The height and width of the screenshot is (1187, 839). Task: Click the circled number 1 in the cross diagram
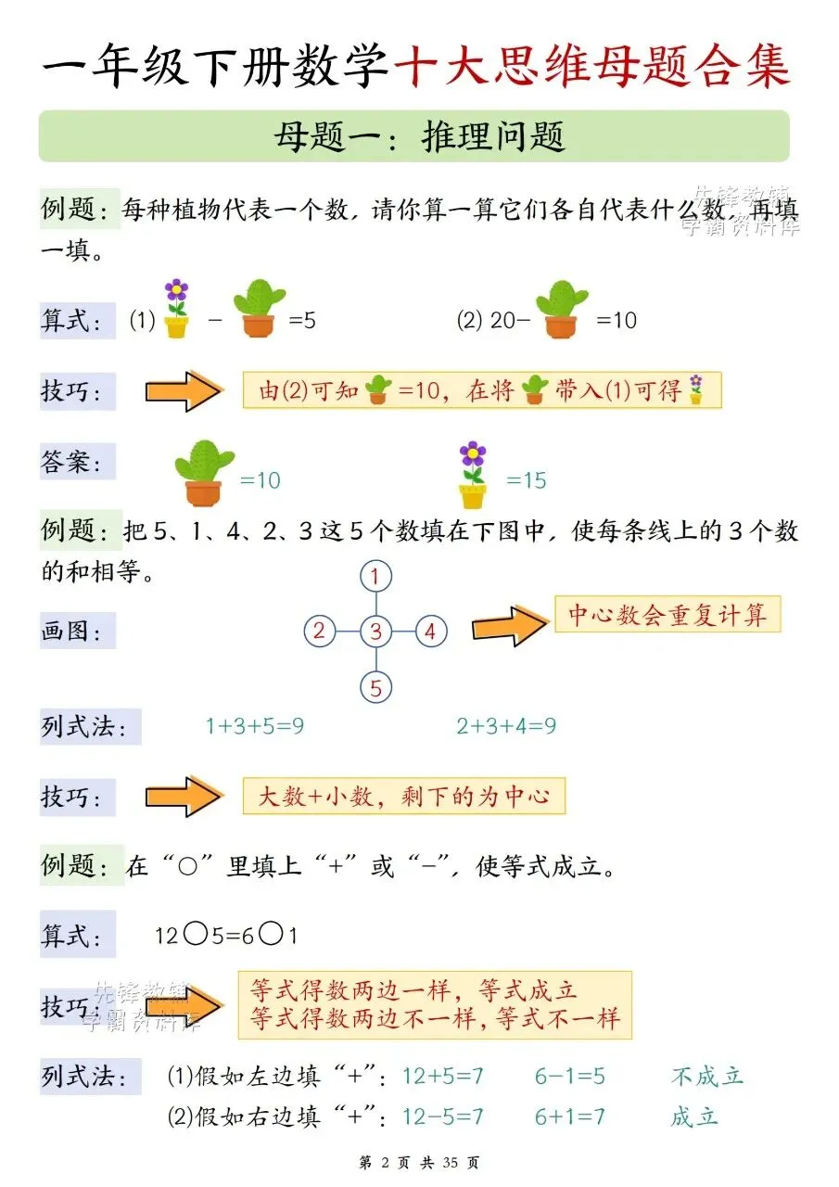375,578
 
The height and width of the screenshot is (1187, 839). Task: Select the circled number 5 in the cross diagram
375,688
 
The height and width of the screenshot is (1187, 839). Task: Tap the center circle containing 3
375,632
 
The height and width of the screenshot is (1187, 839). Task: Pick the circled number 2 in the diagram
319,632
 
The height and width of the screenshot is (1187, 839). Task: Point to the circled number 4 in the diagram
430,632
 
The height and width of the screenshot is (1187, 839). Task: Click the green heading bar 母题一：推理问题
413,136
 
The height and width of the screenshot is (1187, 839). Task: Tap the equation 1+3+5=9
254,726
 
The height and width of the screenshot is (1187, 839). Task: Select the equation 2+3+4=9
506,726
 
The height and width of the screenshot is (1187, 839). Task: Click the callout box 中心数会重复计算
667,615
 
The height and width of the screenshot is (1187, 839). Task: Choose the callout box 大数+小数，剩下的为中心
403,796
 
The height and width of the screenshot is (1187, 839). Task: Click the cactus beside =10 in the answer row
204,474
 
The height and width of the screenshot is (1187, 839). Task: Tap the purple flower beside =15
473,475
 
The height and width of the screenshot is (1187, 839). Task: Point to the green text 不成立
706,1076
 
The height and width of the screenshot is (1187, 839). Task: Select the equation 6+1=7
569,1117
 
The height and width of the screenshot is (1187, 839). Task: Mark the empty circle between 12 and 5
196,934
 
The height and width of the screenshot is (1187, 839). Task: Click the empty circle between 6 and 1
271,934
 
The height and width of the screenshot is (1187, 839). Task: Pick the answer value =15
526,480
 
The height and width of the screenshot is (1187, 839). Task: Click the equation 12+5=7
442,1076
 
